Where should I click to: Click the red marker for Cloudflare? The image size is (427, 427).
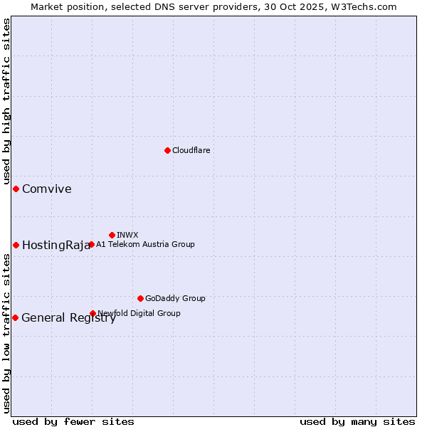click(x=167, y=150)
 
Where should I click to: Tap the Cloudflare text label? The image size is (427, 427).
click(x=191, y=150)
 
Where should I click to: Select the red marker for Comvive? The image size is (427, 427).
click(x=16, y=189)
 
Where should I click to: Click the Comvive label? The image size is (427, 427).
click(x=47, y=189)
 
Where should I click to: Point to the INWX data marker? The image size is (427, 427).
click(x=112, y=235)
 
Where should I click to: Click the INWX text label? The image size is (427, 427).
click(x=127, y=235)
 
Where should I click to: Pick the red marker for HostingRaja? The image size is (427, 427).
click(x=16, y=245)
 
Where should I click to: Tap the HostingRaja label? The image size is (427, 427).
click(x=56, y=246)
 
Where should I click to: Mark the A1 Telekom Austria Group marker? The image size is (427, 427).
click(x=91, y=244)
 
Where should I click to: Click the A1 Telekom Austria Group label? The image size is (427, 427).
click(x=145, y=244)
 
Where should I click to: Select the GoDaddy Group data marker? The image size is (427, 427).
click(x=140, y=298)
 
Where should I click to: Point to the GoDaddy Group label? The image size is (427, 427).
click(x=175, y=298)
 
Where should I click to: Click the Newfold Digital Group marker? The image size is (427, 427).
click(x=93, y=313)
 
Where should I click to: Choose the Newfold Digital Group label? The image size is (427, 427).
click(x=139, y=313)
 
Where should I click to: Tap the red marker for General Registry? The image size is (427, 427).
click(x=15, y=317)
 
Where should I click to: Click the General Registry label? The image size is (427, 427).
click(x=68, y=318)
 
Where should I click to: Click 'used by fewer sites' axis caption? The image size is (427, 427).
click(x=73, y=421)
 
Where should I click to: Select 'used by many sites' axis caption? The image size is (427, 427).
click(x=357, y=421)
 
